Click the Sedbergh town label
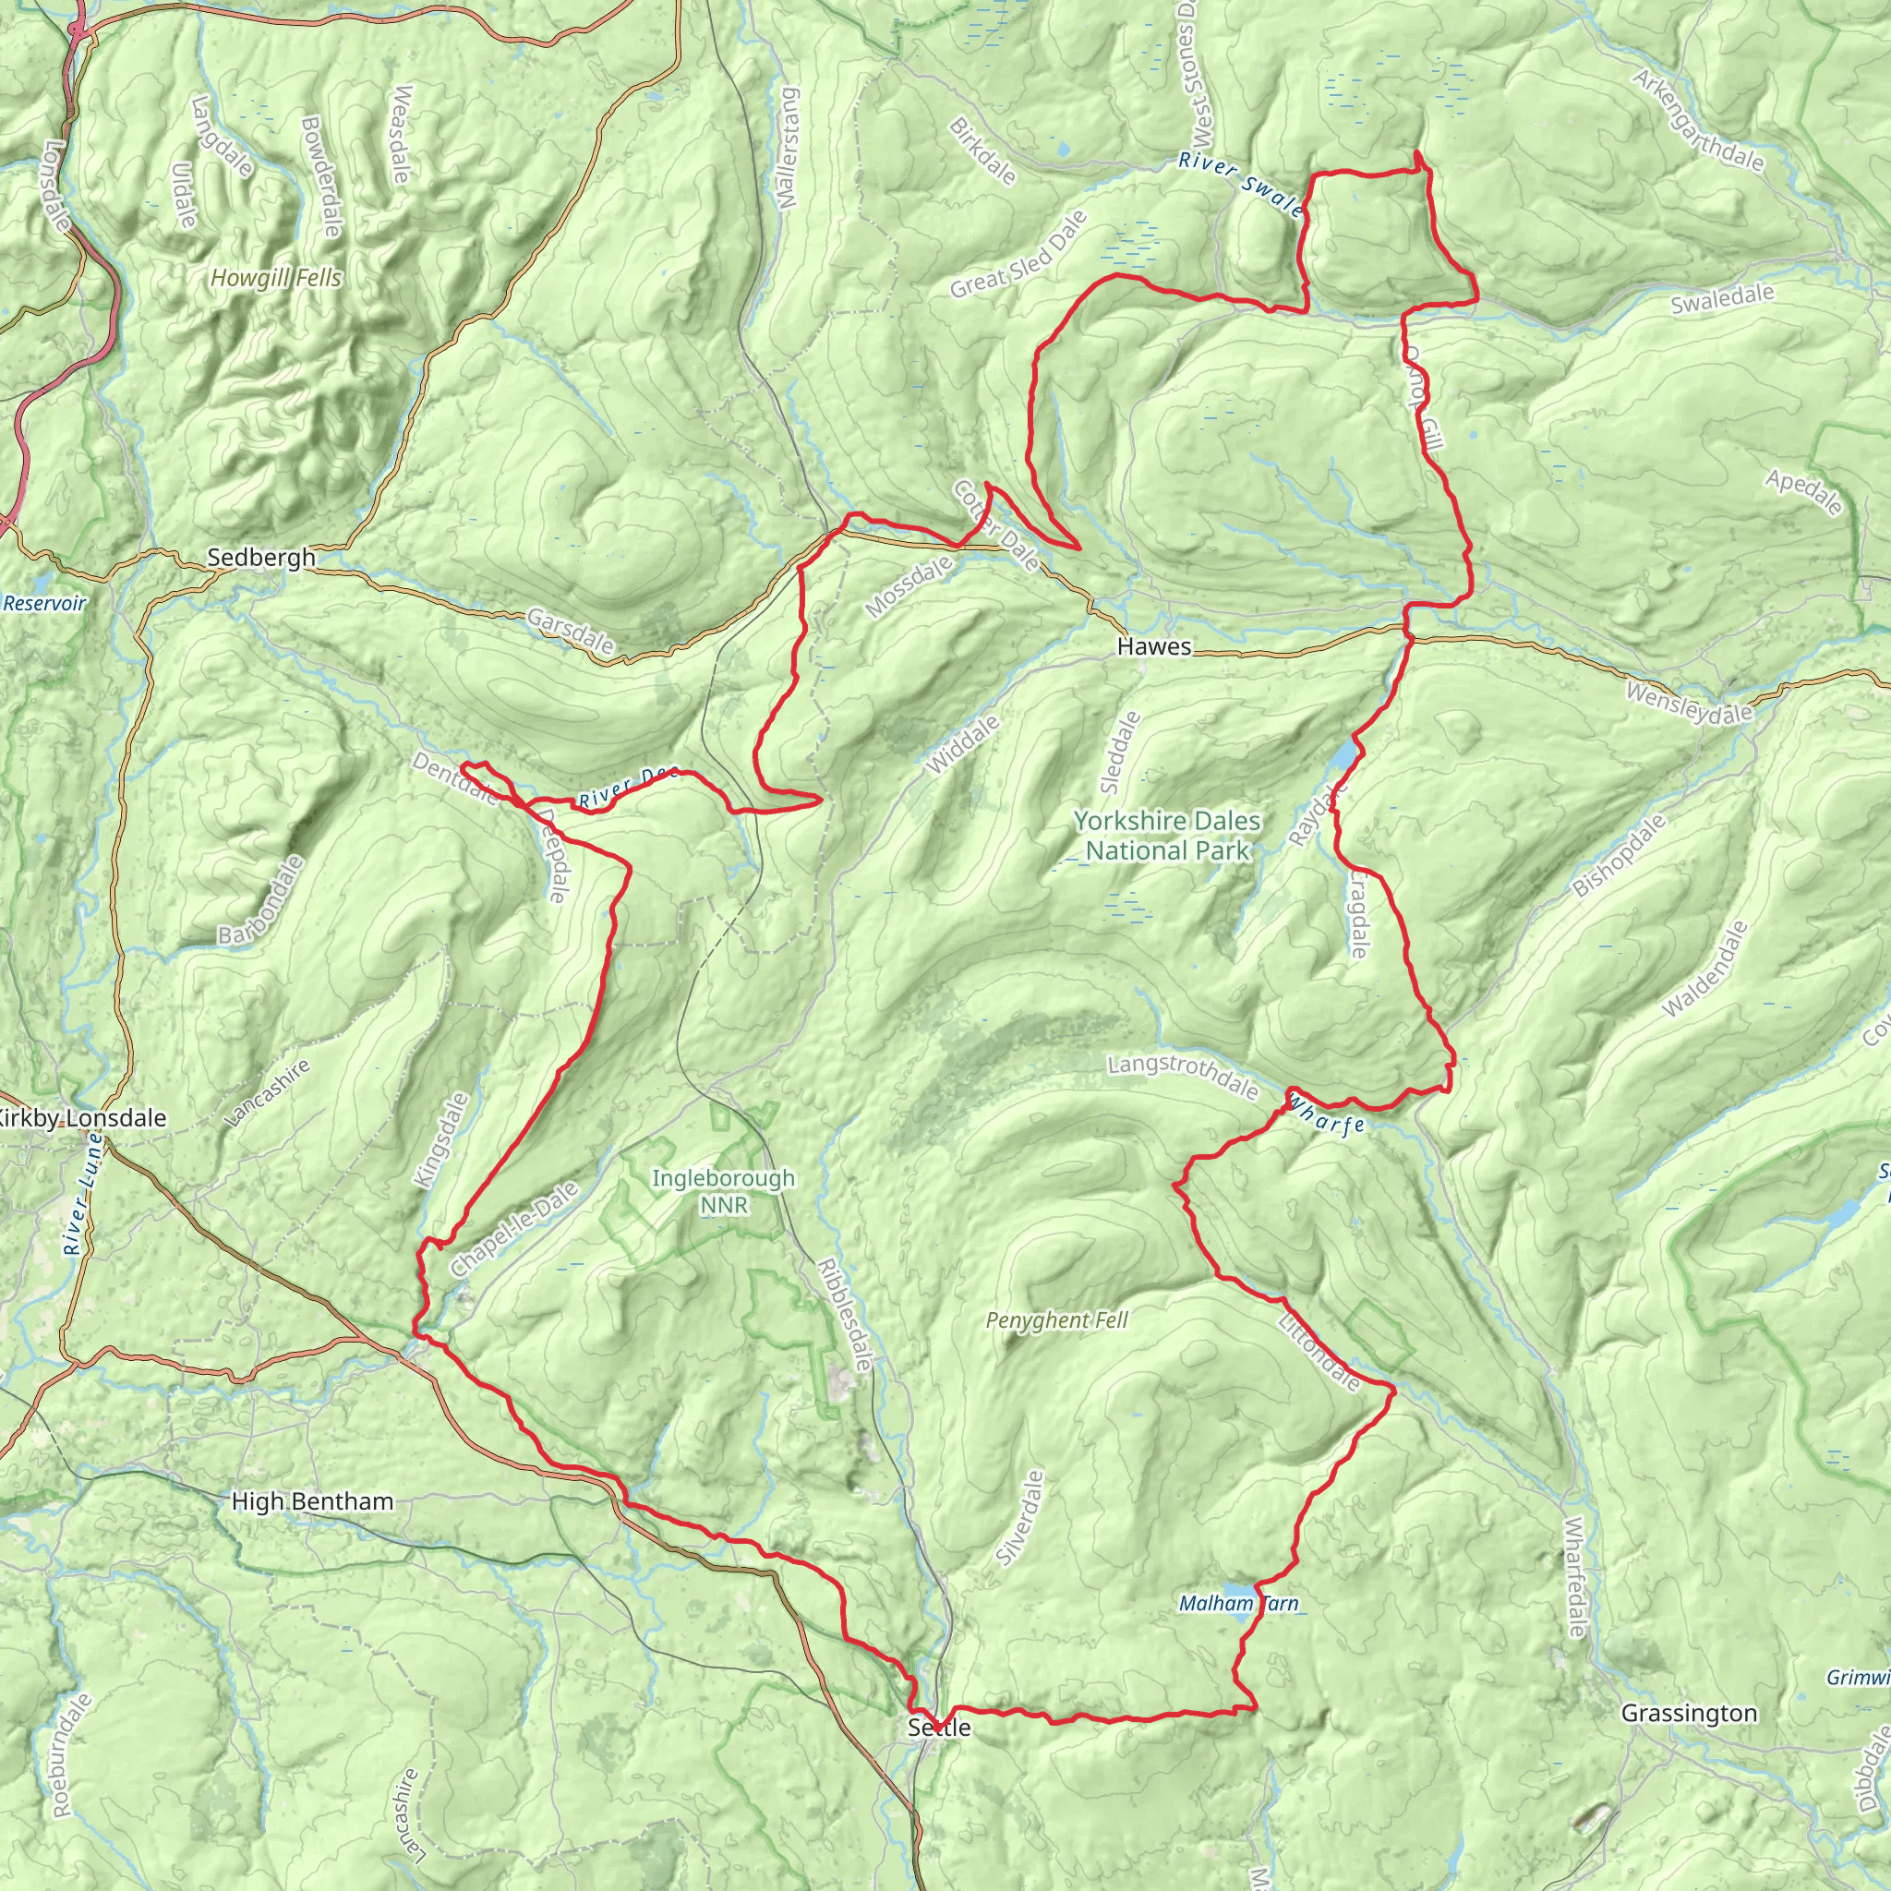260,558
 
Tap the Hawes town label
1154,647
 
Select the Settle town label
939,1728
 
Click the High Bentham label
312,1501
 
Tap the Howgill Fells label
276,279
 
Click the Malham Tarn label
1238,1603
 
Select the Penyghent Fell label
1057,1320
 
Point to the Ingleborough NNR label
723,1191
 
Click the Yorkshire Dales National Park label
1167,836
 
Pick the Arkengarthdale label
1699,120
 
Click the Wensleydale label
1689,705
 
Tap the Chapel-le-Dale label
515,1228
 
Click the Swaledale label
1722,299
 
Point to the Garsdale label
571,632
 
